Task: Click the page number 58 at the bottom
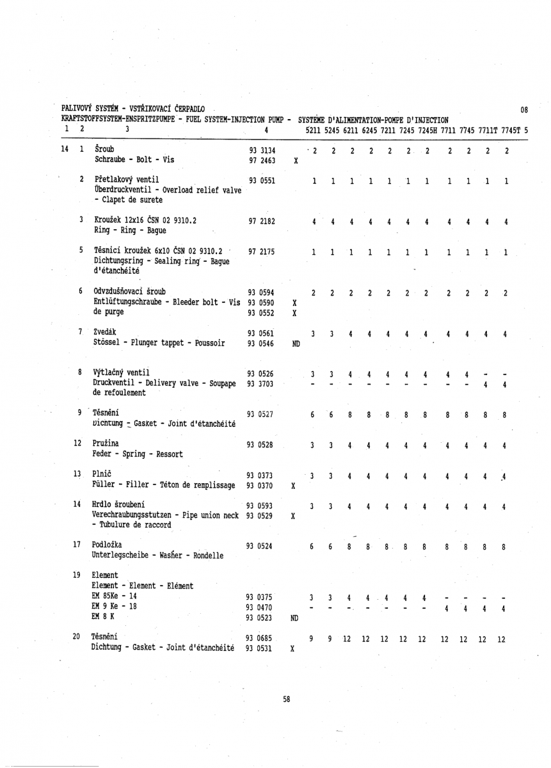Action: click(287, 700)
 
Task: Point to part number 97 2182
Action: click(262, 221)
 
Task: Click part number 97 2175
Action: click(262, 252)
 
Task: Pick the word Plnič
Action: click(103, 474)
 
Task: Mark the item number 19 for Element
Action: click(77, 574)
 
